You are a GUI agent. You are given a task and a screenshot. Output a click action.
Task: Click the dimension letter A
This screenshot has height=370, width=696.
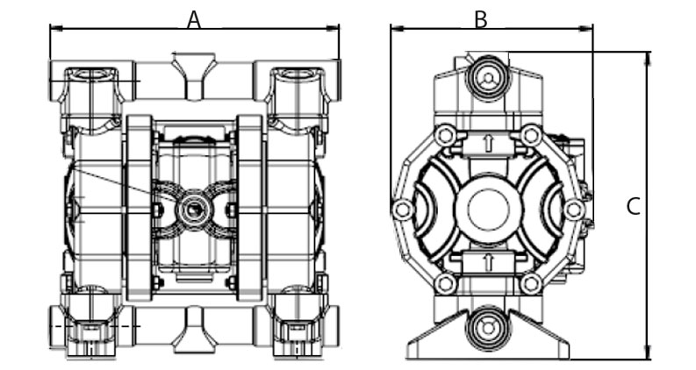tap(194, 20)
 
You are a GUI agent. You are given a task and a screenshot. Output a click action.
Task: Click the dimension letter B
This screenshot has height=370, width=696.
tap(480, 19)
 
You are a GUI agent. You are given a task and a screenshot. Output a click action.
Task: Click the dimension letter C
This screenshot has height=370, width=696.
tap(633, 207)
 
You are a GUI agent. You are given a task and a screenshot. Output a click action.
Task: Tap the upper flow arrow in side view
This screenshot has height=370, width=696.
tap(488, 143)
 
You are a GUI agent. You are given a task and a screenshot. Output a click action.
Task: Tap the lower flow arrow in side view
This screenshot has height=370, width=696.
tap(488, 261)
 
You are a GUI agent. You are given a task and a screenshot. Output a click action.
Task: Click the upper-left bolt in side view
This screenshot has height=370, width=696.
tap(445, 135)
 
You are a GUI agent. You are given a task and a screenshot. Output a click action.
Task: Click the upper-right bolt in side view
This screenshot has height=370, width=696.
tap(530, 135)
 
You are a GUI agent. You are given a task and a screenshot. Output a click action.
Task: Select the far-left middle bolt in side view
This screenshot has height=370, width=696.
tap(402, 210)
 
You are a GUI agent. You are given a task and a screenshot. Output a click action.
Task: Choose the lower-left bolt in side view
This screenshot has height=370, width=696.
tap(445, 283)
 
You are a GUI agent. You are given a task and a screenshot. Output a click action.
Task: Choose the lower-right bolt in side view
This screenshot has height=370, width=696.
tap(530, 283)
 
